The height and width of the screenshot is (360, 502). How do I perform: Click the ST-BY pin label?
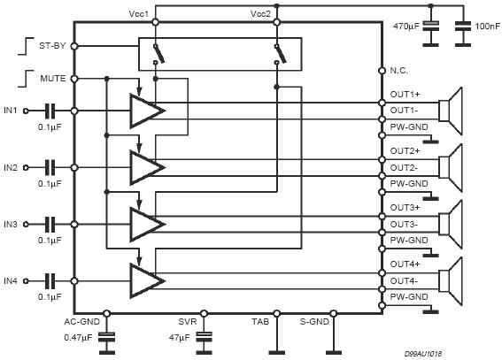pos(52,46)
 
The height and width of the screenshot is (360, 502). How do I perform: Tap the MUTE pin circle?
pos(74,79)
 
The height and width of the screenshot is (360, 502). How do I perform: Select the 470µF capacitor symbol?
pos(430,26)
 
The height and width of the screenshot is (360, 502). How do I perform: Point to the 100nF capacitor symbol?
pos(463,26)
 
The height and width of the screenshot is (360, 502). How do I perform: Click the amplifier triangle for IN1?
pos(147,111)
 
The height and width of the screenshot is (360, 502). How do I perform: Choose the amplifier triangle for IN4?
pos(147,280)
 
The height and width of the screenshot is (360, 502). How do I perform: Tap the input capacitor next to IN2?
pos(50,167)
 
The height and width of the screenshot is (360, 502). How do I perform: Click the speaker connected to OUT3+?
pos(450,224)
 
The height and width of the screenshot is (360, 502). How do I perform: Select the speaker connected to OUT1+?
pos(450,111)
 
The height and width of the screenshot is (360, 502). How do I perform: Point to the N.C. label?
pos(399,71)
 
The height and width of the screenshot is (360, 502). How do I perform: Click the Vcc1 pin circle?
pos(155,22)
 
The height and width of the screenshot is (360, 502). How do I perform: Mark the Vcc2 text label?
pos(260,14)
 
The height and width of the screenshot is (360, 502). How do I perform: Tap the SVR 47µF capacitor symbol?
pos(204,337)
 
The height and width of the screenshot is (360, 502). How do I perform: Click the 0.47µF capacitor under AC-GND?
pos(107,337)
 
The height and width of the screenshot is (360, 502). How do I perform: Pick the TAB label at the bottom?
pos(260,322)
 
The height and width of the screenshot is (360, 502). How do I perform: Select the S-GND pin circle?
pos(334,314)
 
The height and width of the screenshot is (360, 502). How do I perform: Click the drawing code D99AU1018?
pos(423,354)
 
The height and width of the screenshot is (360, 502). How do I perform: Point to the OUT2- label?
pos(404,167)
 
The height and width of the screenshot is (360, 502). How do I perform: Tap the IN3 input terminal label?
pos(11,224)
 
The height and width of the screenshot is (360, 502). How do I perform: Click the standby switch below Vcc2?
pos(280,54)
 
